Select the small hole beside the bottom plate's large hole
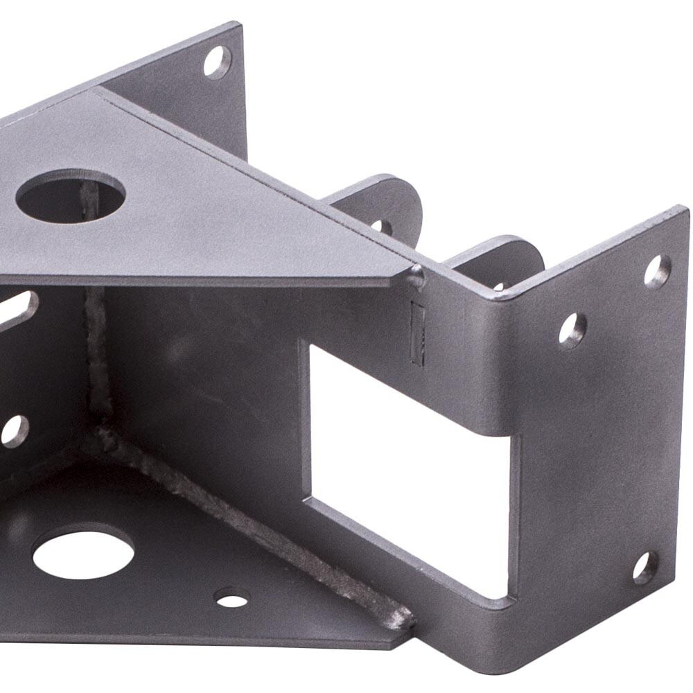pyautogui.click(x=232, y=597)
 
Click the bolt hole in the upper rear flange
pyautogui.click(x=217, y=62)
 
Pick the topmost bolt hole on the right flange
pyautogui.click(x=656, y=272)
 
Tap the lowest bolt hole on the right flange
pyautogui.click(x=645, y=568)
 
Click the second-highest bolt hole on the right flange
pyautogui.click(x=572, y=330)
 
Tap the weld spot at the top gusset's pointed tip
pyautogui.click(x=416, y=276)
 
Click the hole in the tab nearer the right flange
pyautogui.click(x=499, y=286)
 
